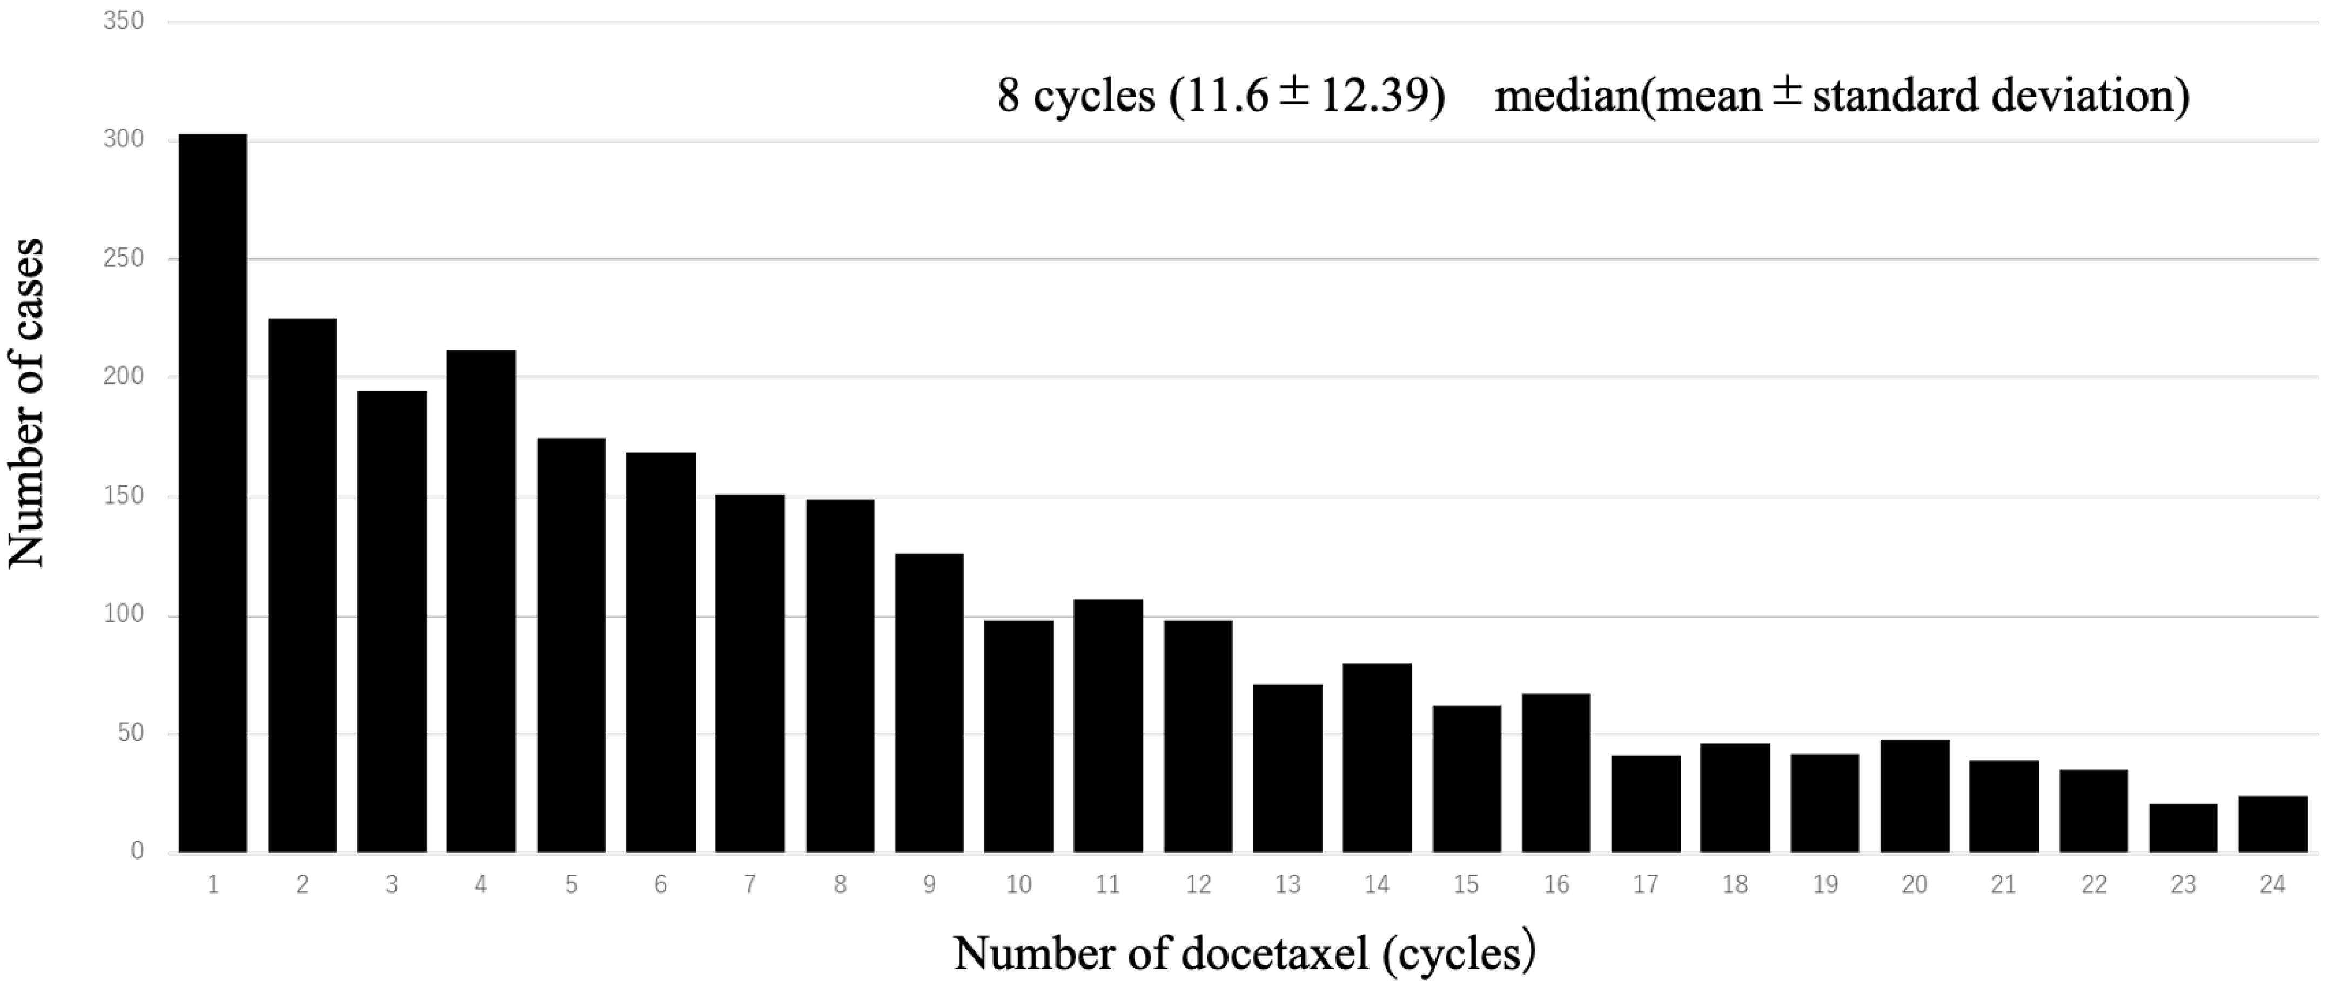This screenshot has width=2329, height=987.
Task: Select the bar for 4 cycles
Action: (x=481, y=601)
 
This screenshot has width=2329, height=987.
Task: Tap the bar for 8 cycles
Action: (x=840, y=676)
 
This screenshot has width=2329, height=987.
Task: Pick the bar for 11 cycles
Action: (x=1108, y=726)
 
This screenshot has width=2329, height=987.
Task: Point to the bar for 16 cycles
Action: (x=1556, y=773)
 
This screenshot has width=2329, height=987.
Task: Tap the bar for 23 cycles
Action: (x=2183, y=828)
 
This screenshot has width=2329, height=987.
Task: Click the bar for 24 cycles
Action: (x=2272, y=823)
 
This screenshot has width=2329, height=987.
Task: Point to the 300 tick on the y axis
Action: (x=124, y=139)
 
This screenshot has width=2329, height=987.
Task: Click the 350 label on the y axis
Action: (x=124, y=21)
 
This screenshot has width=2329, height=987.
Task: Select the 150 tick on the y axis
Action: (x=124, y=496)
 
